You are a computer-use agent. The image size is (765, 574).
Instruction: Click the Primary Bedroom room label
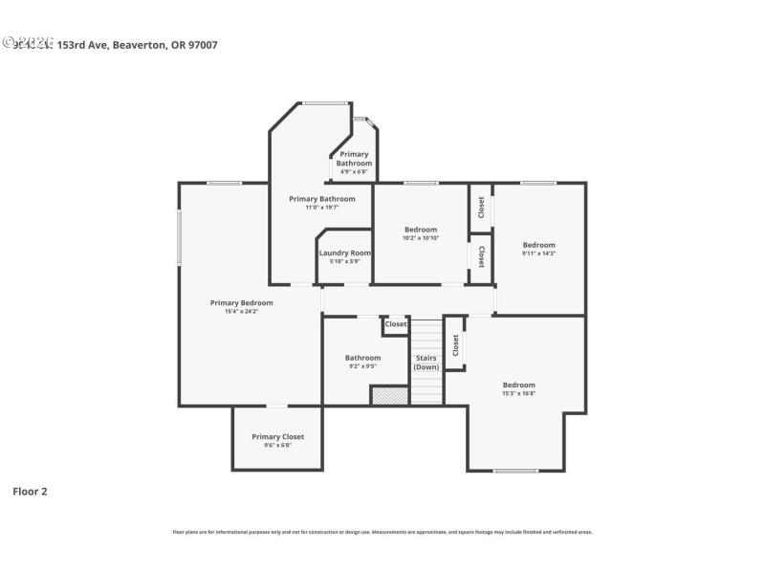pyautogui.click(x=242, y=302)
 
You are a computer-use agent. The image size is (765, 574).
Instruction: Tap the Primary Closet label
pyautogui.click(x=277, y=436)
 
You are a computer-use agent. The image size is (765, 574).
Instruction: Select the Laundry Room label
pyautogui.click(x=344, y=253)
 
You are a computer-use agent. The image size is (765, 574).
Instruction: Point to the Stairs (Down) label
pyautogui.click(x=426, y=363)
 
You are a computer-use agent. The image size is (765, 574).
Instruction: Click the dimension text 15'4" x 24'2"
pyautogui.click(x=242, y=311)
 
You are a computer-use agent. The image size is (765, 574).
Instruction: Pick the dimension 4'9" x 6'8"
pyautogui.click(x=354, y=171)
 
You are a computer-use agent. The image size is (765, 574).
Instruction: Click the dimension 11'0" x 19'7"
pyautogui.click(x=322, y=208)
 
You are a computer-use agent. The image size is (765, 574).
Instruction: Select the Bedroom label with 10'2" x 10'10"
pyautogui.click(x=421, y=229)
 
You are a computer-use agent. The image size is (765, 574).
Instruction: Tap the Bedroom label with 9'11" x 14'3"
pyautogui.click(x=538, y=245)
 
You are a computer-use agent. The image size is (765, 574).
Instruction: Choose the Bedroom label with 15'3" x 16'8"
pyautogui.click(x=519, y=385)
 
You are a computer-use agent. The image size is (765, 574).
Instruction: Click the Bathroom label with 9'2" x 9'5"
pyautogui.click(x=362, y=358)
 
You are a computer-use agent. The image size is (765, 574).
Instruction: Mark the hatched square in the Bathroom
pyautogui.click(x=389, y=394)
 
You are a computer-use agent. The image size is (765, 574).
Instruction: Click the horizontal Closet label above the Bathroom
pyautogui.click(x=396, y=324)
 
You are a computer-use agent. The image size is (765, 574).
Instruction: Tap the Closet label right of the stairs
pyautogui.click(x=455, y=344)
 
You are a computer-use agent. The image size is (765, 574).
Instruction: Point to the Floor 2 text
pyautogui.click(x=30, y=492)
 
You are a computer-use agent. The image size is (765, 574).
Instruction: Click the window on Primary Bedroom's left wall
pyautogui.click(x=179, y=237)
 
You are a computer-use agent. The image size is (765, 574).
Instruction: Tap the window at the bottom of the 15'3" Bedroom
pyautogui.click(x=515, y=471)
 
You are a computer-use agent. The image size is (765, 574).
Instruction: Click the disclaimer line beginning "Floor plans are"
pyautogui.click(x=382, y=531)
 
